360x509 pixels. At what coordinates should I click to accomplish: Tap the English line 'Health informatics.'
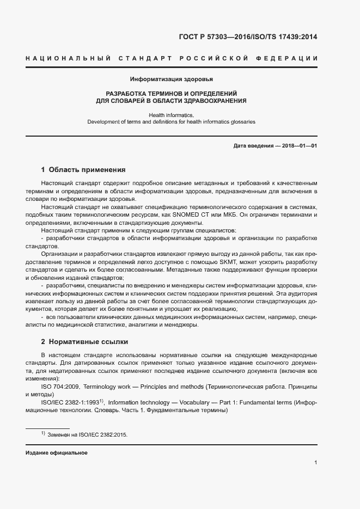click(x=171, y=115)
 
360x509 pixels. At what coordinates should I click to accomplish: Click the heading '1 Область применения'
click(x=83, y=169)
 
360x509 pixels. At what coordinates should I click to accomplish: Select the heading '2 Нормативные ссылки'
click(x=84, y=342)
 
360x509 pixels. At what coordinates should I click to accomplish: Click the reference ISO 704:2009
click(x=60, y=387)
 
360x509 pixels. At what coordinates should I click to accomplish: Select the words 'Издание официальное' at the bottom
click(x=56, y=453)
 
